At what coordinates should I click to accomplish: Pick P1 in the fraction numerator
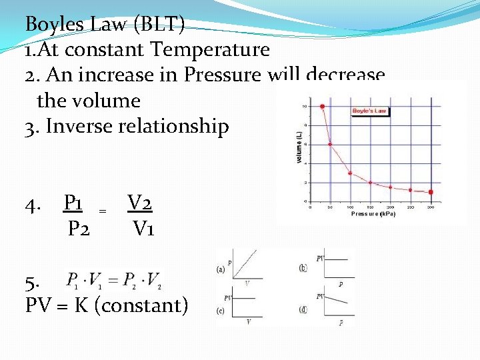pyautogui.click(x=78, y=201)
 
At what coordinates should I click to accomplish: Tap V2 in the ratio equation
pyautogui.click(x=142, y=201)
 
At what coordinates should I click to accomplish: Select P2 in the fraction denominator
pyautogui.click(x=79, y=229)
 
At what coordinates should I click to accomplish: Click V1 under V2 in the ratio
pyautogui.click(x=143, y=229)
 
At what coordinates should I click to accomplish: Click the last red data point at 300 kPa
pyautogui.click(x=431, y=192)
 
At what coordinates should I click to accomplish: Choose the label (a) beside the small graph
pyautogui.click(x=221, y=269)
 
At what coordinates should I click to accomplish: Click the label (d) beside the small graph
pyautogui.click(x=304, y=309)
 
